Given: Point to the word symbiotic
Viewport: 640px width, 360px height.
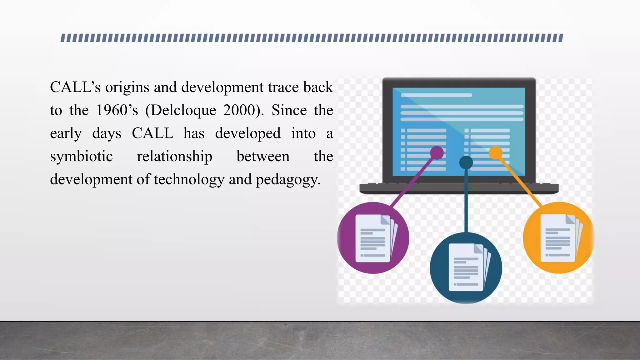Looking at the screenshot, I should (81, 157).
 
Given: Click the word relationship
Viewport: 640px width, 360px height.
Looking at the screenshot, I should (174, 157).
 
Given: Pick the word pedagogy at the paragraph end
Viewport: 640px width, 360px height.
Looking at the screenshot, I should (288, 180).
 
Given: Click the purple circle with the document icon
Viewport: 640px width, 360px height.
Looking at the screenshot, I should (373, 238).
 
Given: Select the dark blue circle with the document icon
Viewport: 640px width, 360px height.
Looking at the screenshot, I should (466, 268).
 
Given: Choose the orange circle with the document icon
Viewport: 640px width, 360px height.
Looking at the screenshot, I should (558, 237).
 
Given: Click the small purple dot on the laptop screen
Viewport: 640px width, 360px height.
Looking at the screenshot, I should (437, 153).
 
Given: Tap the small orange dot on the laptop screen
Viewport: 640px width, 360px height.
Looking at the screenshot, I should (495, 153).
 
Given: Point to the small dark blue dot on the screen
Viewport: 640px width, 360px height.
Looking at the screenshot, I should (466, 162).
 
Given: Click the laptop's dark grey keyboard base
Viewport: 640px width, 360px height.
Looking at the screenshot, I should (459, 188).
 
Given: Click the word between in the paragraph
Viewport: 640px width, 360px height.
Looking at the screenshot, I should (263, 157).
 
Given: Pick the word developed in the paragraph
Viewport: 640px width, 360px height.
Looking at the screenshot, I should (248, 133).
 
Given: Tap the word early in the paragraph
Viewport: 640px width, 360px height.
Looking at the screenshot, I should (66, 133).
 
